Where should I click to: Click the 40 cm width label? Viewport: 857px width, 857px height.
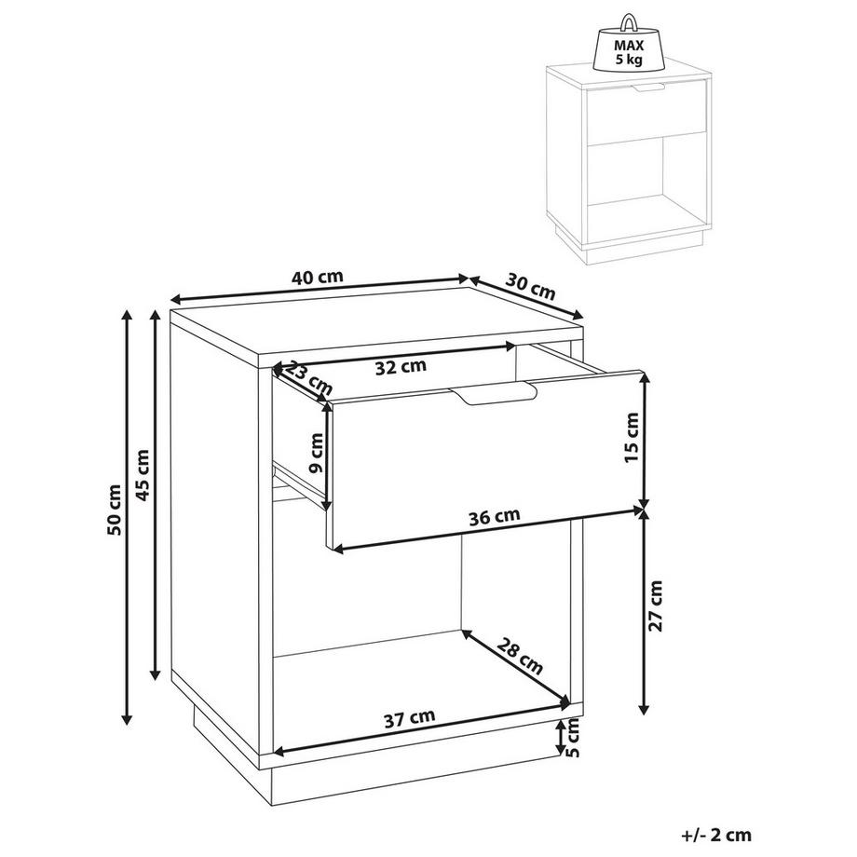[x=318, y=277]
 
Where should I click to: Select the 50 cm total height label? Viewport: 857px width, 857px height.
[x=115, y=510]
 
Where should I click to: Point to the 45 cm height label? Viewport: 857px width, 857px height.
[x=143, y=475]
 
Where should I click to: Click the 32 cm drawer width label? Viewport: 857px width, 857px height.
[x=401, y=367]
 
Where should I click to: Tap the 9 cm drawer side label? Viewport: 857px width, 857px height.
[x=316, y=453]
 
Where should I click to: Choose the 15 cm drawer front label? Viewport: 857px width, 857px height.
[x=631, y=438]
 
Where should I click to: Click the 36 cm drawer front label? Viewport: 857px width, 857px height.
[x=495, y=517]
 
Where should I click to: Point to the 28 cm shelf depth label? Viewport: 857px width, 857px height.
[x=520, y=657]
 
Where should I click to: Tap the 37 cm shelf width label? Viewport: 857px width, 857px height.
[x=409, y=718]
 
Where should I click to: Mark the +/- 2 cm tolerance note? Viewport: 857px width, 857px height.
[x=716, y=836]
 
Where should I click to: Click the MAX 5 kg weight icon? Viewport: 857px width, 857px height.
[x=629, y=49]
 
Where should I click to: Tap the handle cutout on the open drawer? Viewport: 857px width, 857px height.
[x=493, y=393]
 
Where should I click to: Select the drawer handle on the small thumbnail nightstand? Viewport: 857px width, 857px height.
[x=648, y=88]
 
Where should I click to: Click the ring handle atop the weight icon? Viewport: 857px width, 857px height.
[x=629, y=22]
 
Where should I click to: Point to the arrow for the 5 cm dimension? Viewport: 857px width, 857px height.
[x=561, y=736]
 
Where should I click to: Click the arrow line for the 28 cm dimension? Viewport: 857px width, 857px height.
[x=516, y=667]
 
